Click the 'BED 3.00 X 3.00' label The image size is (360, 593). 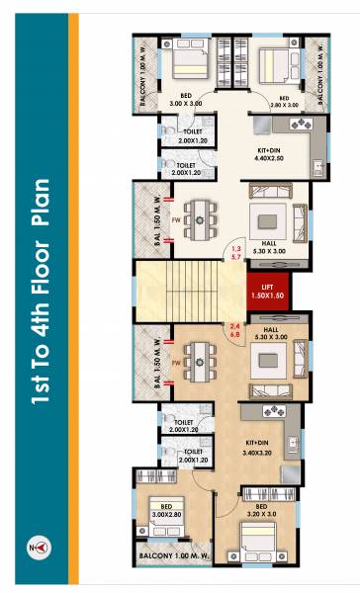pos(183,99)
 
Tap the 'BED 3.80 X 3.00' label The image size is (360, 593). pos(282,104)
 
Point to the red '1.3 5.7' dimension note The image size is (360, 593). pos(235,253)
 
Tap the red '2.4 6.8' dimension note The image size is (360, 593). pos(235,331)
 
